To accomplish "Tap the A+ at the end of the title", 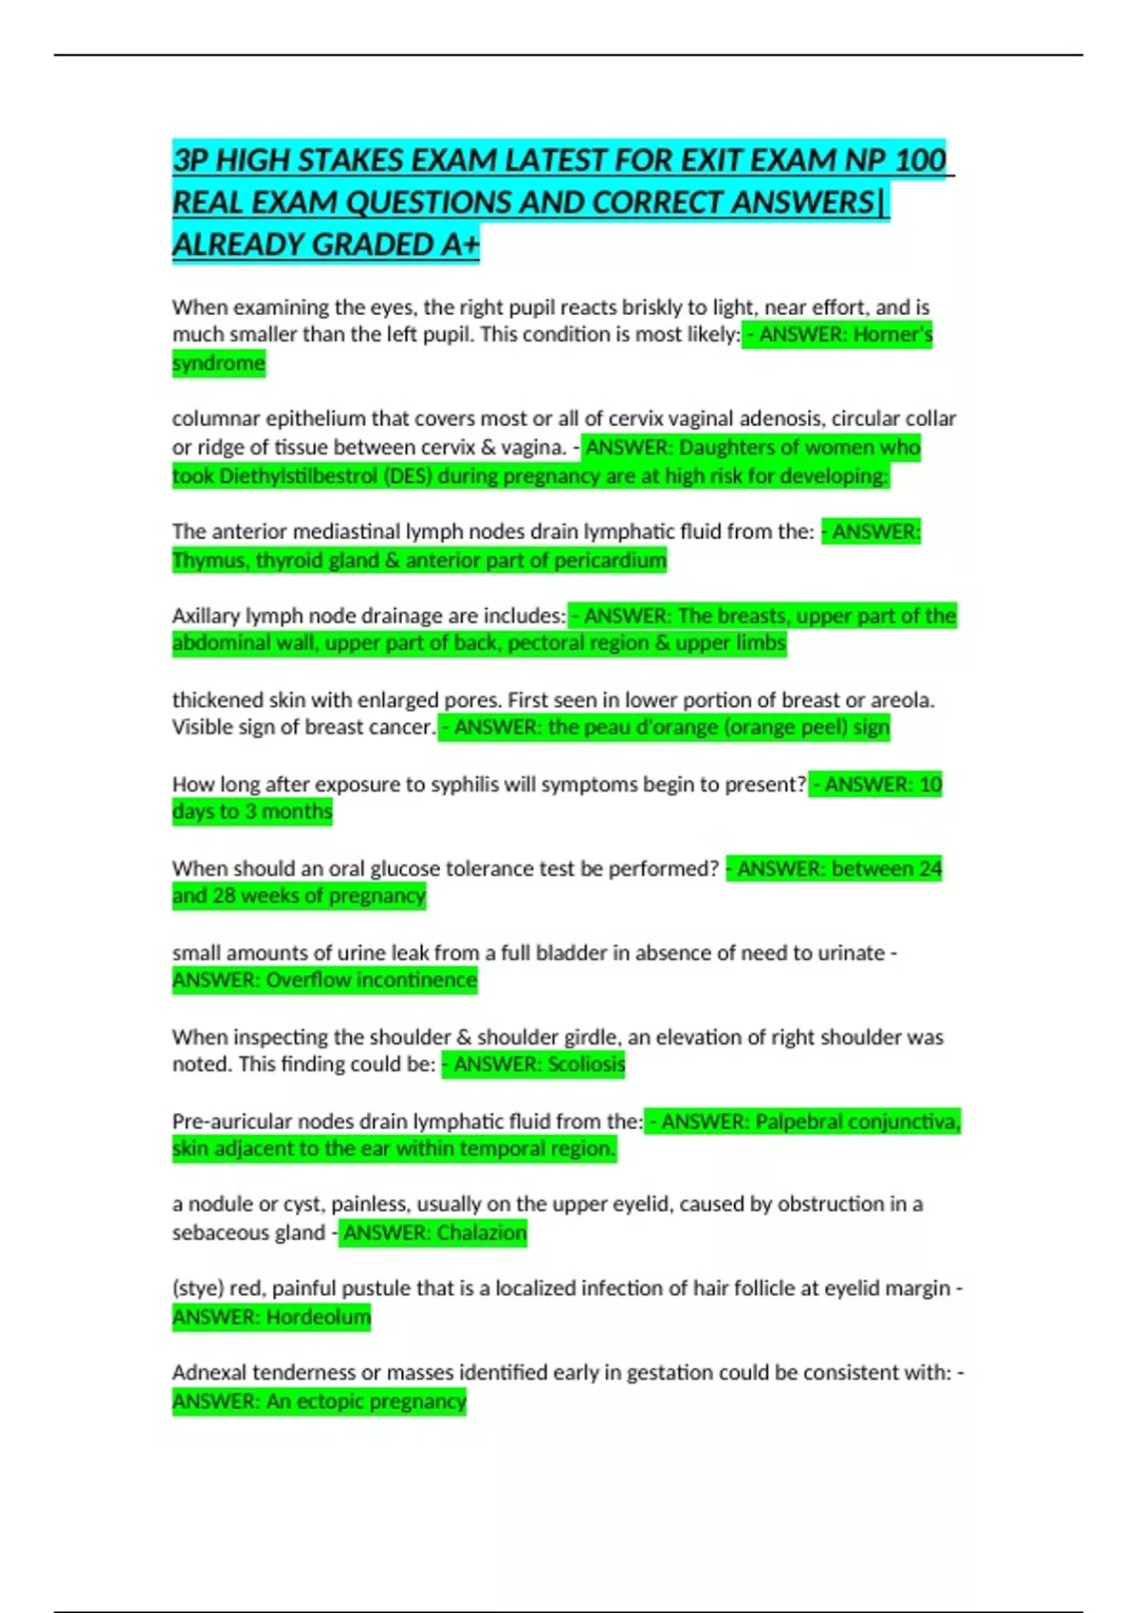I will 460,245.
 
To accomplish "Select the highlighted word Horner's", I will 892,334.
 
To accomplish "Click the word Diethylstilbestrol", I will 298,475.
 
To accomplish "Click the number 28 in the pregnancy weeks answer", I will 224,896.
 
